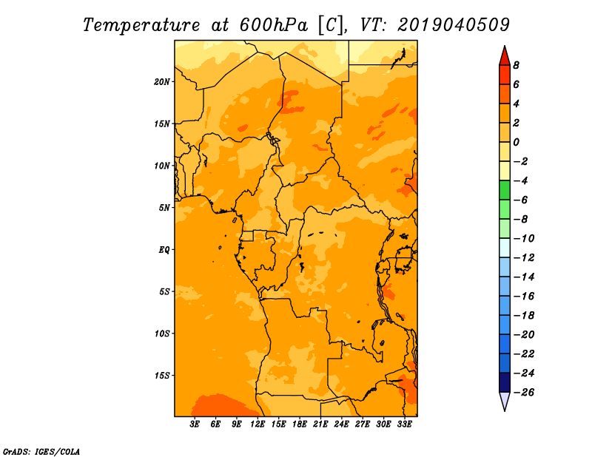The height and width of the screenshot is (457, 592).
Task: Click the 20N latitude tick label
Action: (162, 82)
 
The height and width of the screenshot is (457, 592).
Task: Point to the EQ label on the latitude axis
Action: (164, 250)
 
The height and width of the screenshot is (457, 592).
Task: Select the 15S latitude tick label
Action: (162, 376)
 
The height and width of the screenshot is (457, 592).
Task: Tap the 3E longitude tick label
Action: (195, 424)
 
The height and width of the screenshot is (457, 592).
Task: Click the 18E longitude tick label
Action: (300, 424)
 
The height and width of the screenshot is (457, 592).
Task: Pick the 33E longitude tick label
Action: (404, 424)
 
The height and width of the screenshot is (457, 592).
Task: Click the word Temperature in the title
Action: (141, 25)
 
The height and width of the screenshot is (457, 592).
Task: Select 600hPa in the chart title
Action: (274, 25)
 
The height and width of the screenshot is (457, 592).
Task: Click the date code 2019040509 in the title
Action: (454, 25)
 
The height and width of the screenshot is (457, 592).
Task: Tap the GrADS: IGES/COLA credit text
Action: (41, 452)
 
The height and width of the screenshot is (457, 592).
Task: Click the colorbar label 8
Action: (516, 65)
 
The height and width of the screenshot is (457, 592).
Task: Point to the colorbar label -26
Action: (524, 393)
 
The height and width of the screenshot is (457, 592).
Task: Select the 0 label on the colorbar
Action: (516, 142)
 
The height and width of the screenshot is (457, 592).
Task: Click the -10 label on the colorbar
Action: (524, 239)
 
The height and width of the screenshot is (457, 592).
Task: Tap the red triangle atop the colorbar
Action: (505, 56)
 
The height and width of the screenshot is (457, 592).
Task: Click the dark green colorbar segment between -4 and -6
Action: (505, 190)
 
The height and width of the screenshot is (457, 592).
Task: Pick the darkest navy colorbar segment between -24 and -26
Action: (505, 382)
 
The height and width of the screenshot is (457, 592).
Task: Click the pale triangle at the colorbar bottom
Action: (505, 401)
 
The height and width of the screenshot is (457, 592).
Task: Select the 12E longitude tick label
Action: (258, 424)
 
